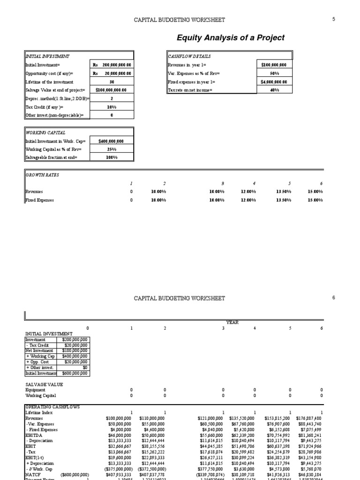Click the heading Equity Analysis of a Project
(230, 37)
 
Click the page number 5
(334, 19)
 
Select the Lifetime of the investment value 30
(112, 82)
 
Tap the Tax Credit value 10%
(112, 107)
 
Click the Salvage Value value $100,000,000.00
(112, 90)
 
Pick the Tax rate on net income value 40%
(274, 90)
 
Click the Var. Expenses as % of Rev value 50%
(274, 73)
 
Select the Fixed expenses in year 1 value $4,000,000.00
(274, 82)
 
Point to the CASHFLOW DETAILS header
(183, 56)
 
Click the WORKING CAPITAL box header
(45, 133)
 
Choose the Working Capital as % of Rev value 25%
(112, 149)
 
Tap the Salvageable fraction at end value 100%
(112, 157)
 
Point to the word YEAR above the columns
(232, 322)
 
